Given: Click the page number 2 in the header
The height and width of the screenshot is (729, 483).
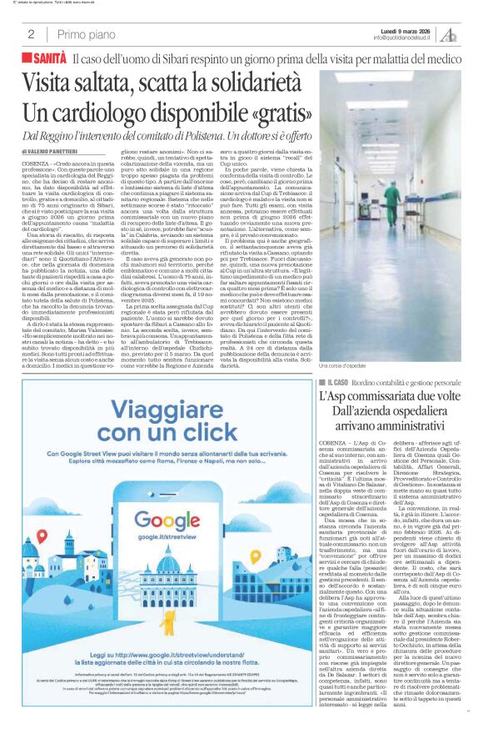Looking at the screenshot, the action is tap(30, 34).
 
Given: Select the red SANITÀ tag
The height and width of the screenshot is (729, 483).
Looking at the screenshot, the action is tap(44, 58).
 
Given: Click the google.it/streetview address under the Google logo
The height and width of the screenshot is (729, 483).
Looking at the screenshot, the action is tap(171, 539).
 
